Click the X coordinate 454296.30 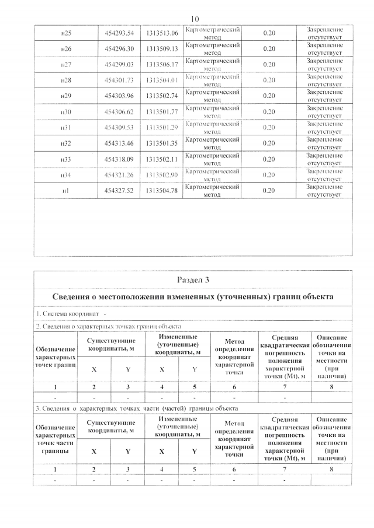coord(119,48)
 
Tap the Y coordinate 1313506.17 coord(161,64)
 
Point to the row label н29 coord(66,95)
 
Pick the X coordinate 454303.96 coord(119,95)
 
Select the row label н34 coord(66,174)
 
